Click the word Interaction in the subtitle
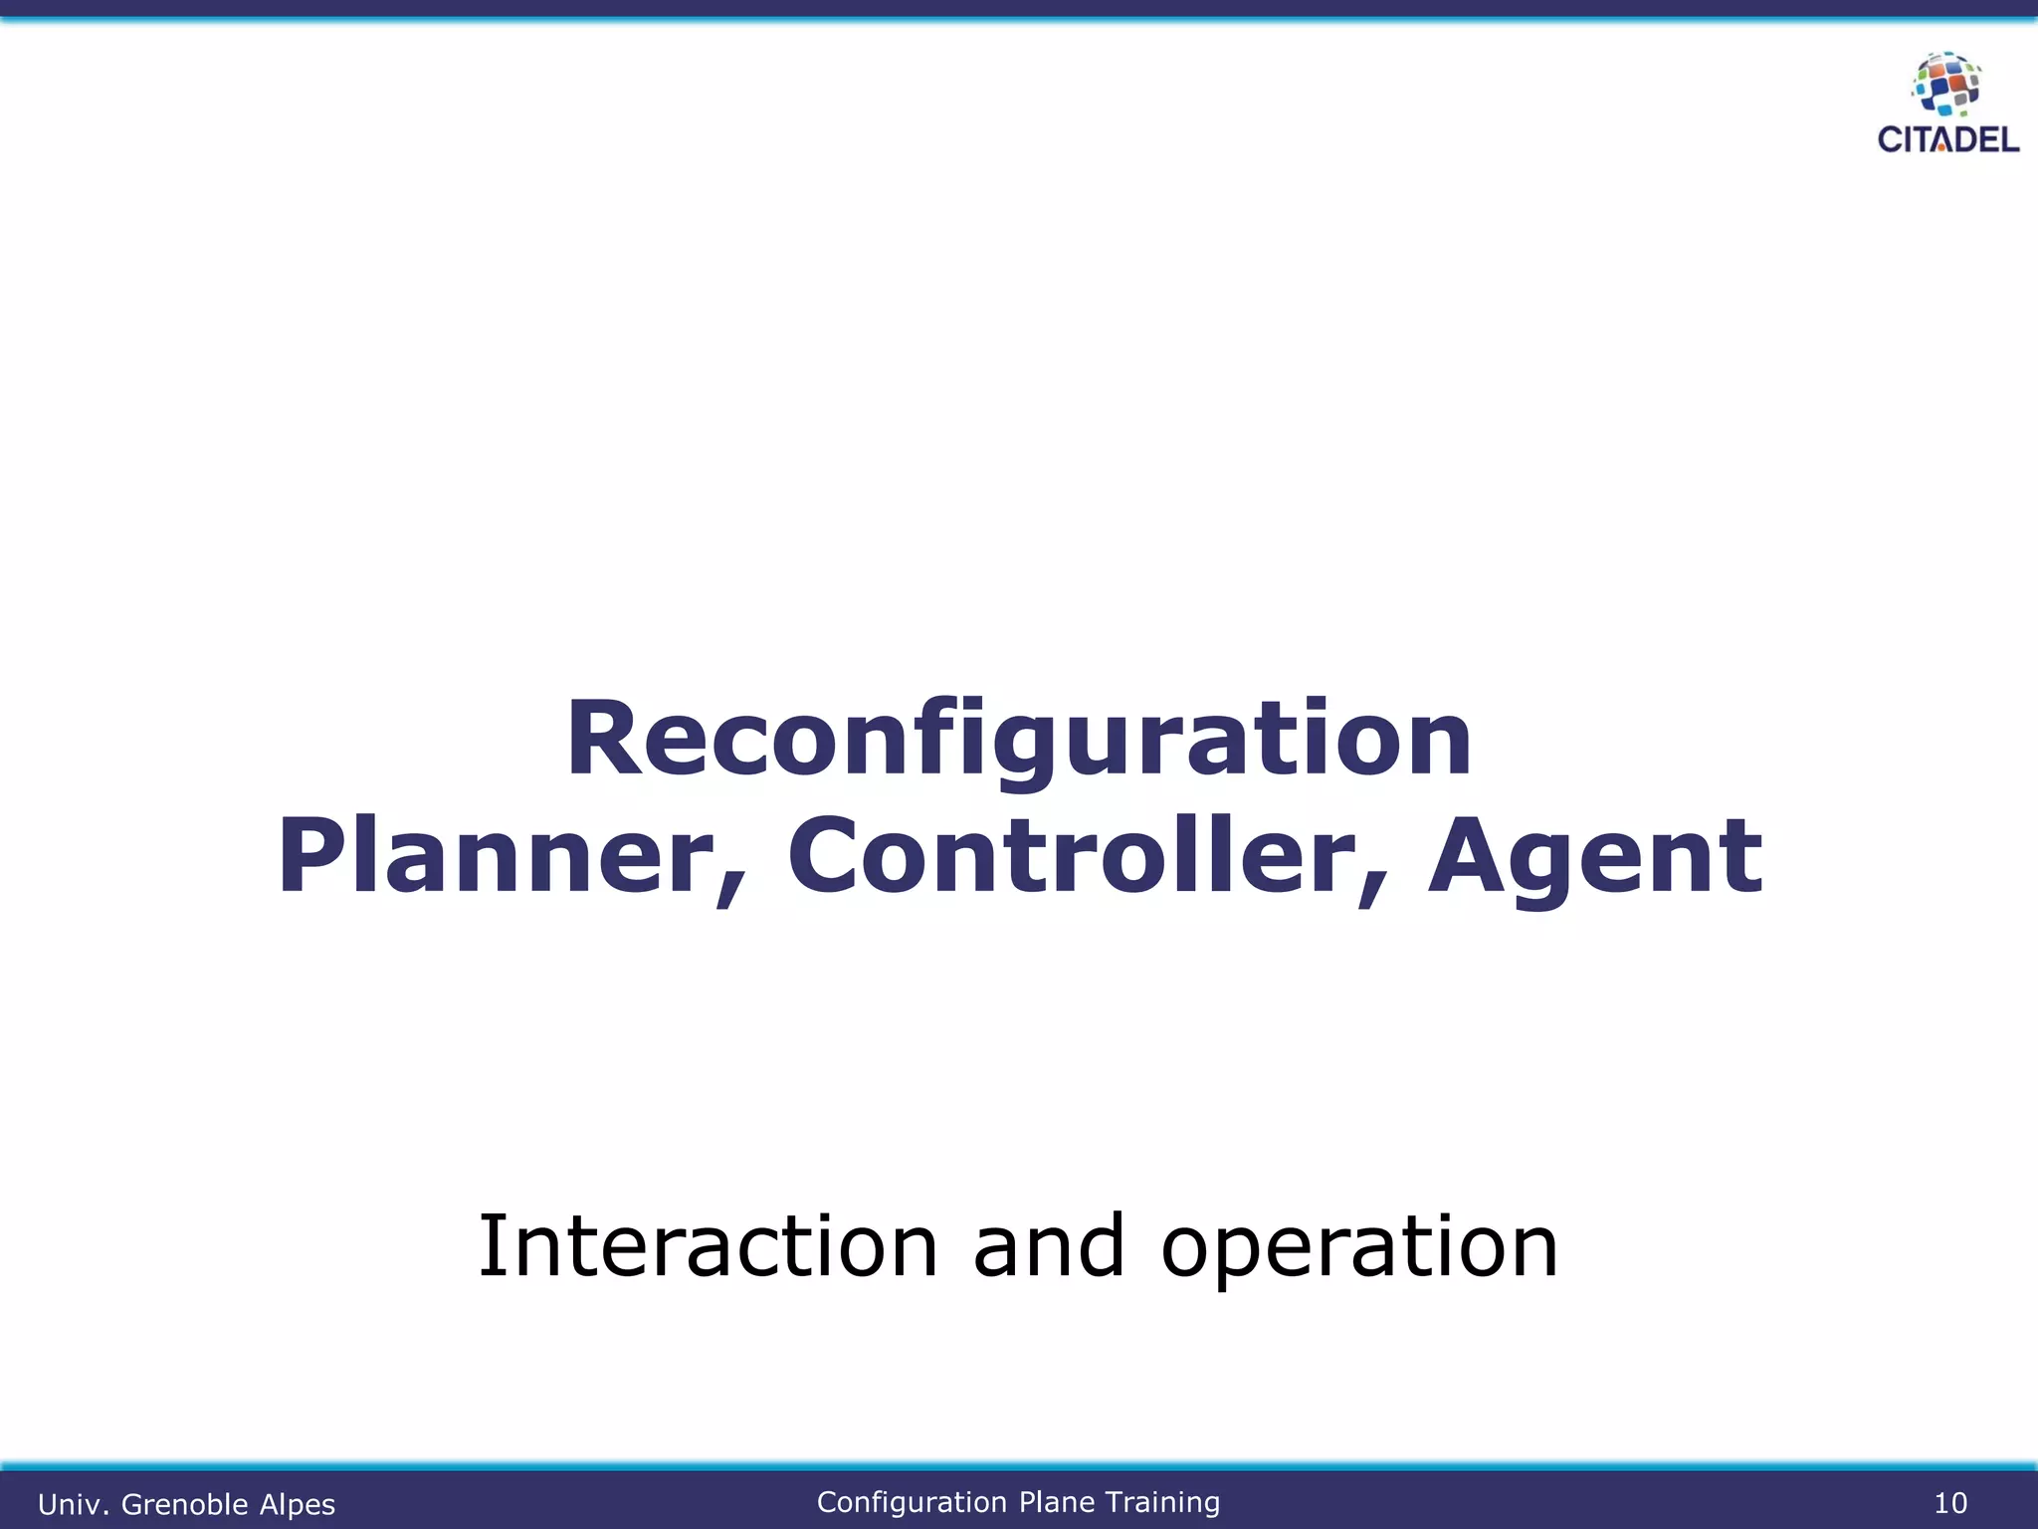pos(709,1246)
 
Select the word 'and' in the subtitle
pos(1049,1246)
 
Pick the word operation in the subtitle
pos(1359,1248)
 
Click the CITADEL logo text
pos(1947,140)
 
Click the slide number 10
pos(1949,1503)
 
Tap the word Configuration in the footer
pos(912,1502)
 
